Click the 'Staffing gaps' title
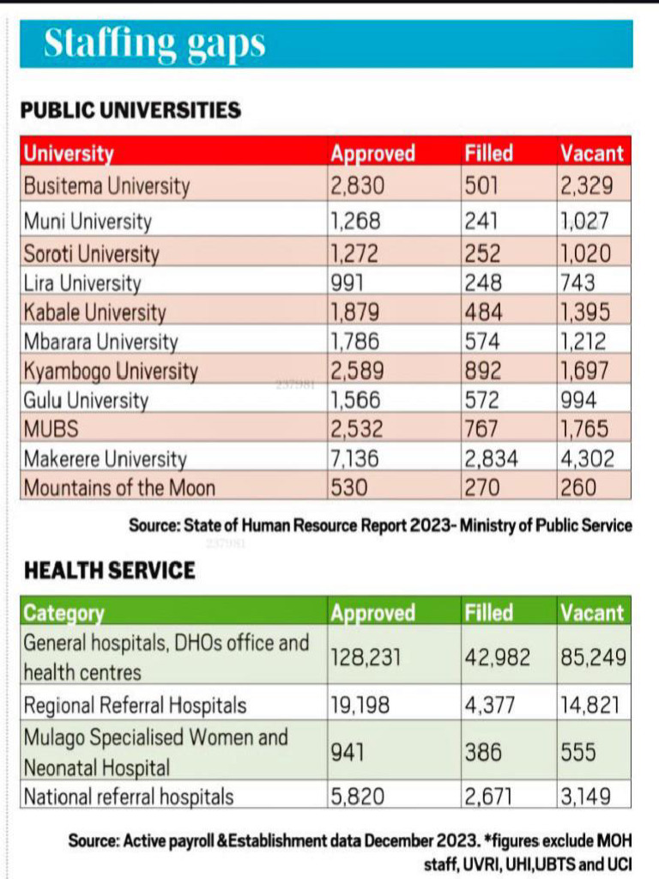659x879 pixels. pyautogui.click(x=154, y=44)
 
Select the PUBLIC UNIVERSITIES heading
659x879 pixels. pyautogui.click(x=130, y=111)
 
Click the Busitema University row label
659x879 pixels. pyautogui.click(x=106, y=185)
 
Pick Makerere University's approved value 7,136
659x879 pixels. pyautogui.click(x=354, y=459)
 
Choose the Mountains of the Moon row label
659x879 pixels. pyautogui.click(x=119, y=488)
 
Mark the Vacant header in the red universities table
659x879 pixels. pyautogui.click(x=591, y=154)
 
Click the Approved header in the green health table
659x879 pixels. pyautogui.click(x=372, y=613)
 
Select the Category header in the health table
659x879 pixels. pyautogui.click(x=63, y=613)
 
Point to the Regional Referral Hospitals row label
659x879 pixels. pyautogui.click(x=135, y=706)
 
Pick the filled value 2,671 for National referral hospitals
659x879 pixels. pyautogui.click(x=488, y=797)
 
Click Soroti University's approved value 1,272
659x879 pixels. pyautogui.click(x=354, y=254)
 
